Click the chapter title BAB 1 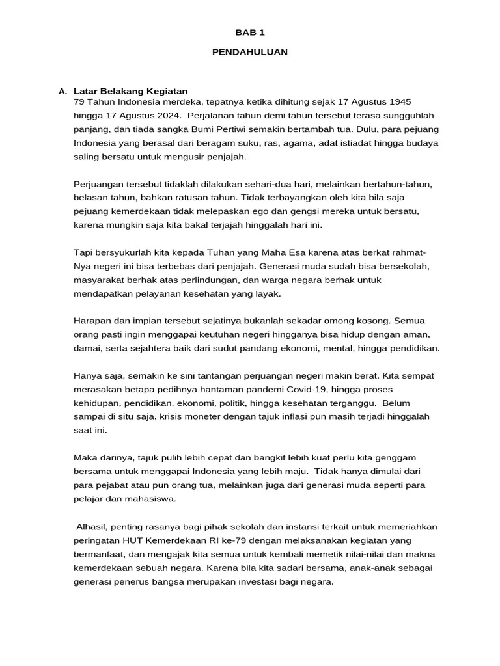[x=249, y=32]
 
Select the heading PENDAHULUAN [x=249, y=52]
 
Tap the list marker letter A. [x=62, y=92]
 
